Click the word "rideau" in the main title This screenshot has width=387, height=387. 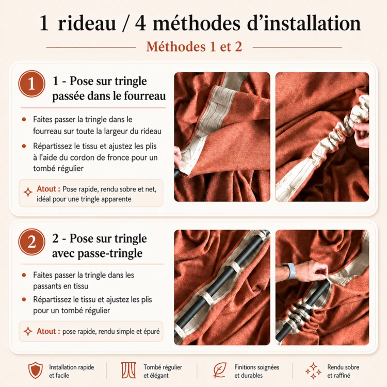tap(87, 23)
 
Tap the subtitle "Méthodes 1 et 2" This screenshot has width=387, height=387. tap(194, 46)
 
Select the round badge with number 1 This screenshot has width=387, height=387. tap(32, 84)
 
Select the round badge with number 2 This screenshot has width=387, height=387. tap(32, 242)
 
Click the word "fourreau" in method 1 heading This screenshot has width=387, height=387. tap(144, 96)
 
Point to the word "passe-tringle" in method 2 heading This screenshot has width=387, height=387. tap(110, 253)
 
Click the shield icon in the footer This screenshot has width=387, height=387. tap(36, 370)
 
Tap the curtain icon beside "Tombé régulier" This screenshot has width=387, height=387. tap(128, 370)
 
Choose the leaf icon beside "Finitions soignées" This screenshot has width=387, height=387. tap(219, 370)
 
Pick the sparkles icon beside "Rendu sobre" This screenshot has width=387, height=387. tap(313, 370)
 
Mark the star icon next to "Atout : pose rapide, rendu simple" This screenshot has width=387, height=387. tap(28, 331)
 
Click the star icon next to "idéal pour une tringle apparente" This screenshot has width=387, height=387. tap(28, 192)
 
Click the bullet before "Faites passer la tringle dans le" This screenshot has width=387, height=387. tap(24, 120)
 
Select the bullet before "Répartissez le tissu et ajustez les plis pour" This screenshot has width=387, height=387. tap(24, 300)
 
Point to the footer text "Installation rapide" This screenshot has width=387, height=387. tap(72, 367)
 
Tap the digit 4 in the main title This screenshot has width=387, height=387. tap(140, 23)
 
